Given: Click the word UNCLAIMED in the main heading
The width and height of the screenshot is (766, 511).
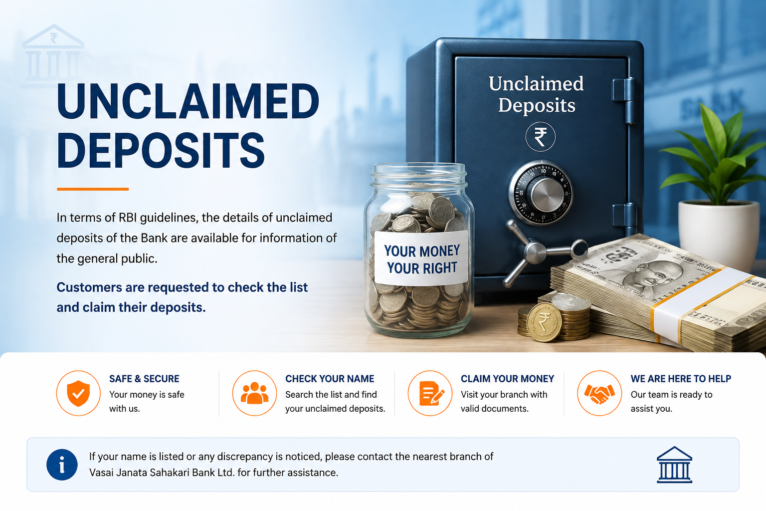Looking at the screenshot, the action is (188, 101).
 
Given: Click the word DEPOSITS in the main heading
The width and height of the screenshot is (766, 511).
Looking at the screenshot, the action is (161, 150).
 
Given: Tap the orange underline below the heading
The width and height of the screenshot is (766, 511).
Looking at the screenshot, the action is (93, 189).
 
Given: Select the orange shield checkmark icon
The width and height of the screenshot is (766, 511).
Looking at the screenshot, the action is (78, 393).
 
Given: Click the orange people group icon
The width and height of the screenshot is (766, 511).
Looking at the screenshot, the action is (254, 393).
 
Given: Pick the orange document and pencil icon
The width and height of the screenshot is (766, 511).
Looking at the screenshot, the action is (430, 393).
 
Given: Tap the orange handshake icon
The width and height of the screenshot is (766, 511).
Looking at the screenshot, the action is (599, 393).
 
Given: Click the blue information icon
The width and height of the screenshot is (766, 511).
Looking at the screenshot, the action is (62, 465).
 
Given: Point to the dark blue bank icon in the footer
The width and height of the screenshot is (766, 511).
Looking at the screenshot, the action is (674, 465).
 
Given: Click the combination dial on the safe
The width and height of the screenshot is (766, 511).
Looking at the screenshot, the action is (540, 193).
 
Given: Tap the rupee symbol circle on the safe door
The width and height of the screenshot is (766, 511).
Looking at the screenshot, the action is (540, 137).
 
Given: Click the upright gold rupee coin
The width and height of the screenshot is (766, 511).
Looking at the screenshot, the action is (544, 322).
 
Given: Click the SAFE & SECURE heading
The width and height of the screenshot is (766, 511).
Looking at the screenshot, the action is (144, 379).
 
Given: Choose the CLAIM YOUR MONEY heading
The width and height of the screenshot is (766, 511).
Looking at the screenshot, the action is (507, 379).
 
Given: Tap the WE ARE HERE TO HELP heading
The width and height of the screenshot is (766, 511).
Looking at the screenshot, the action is (681, 379).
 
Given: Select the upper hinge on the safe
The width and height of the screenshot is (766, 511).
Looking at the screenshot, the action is (624, 100).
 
